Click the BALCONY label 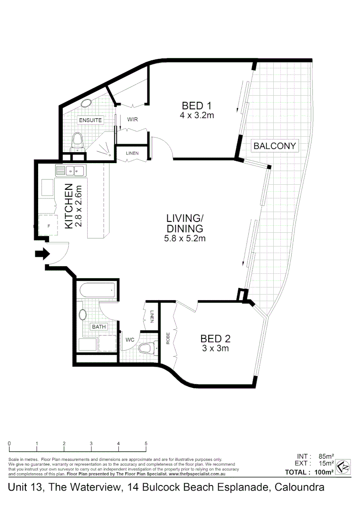275,146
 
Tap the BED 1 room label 197,105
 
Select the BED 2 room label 215,338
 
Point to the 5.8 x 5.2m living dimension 185,238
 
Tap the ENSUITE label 90,120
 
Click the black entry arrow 42,254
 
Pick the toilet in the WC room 147,349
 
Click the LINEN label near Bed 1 132,153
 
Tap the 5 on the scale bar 146,443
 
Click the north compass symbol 344,467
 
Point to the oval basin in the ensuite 86,104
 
